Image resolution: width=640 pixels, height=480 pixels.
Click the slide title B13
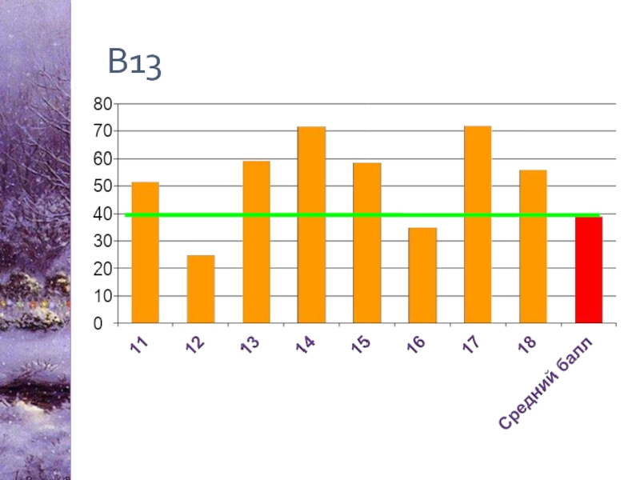click(135, 63)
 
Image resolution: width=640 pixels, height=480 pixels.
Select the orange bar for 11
click(145, 253)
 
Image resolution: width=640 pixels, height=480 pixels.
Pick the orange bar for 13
click(256, 242)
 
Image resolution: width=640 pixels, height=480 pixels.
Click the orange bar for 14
click(311, 225)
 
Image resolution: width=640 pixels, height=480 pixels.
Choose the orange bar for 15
click(366, 243)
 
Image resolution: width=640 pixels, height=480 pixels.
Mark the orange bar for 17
click(478, 225)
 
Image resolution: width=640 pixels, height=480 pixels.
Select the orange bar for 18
click(533, 247)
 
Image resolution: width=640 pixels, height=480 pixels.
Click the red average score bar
click(589, 270)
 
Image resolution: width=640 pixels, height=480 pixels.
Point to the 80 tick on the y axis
click(102, 103)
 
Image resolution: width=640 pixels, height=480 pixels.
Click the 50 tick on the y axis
click(102, 186)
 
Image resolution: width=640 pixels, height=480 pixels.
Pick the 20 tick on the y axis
click(102, 269)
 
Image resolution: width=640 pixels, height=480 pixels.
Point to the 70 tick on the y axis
click(102, 131)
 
